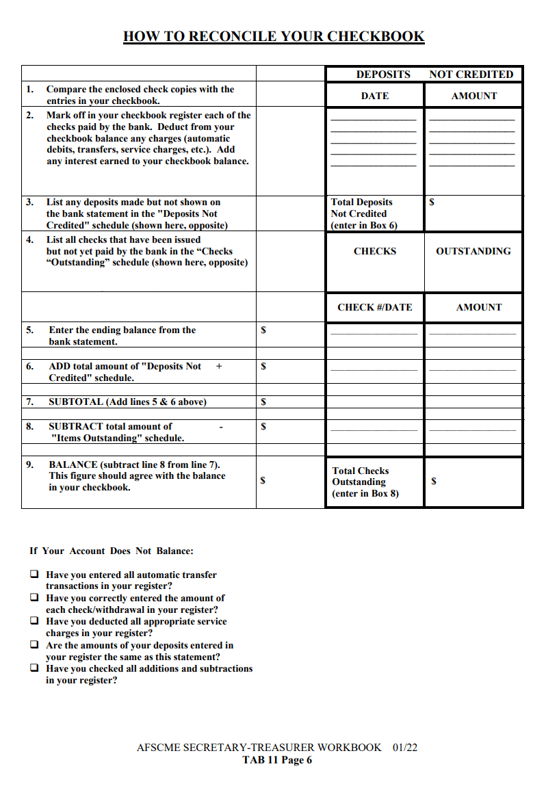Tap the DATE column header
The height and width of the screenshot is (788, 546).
pyautogui.click(x=374, y=96)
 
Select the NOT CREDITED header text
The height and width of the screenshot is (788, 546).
pyautogui.click(x=471, y=75)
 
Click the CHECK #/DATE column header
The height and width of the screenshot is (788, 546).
pyautogui.click(x=374, y=308)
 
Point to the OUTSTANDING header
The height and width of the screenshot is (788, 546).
pyautogui.click(x=473, y=252)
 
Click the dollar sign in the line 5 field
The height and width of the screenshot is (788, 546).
pyautogui.click(x=263, y=330)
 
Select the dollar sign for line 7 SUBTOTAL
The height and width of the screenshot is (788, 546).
pyautogui.click(x=263, y=402)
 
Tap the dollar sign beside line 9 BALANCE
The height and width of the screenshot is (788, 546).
pyautogui.click(x=263, y=481)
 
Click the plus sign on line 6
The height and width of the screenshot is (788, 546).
pyautogui.click(x=219, y=367)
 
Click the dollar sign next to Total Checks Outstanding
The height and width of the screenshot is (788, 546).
pyautogui.click(x=434, y=482)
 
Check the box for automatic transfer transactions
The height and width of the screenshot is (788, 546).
pyautogui.click(x=34, y=575)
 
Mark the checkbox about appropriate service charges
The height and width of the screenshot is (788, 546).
pyautogui.click(x=34, y=621)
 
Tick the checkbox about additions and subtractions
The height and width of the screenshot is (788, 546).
pyautogui.click(x=34, y=668)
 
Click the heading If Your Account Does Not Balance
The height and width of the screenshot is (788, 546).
pyautogui.click(x=112, y=551)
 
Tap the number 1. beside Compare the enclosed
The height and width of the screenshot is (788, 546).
pyautogui.click(x=30, y=90)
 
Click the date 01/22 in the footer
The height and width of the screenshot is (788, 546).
pyautogui.click(x=405, y=748)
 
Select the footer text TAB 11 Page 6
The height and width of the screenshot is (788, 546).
pyautogui.click(x=277, y=760)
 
